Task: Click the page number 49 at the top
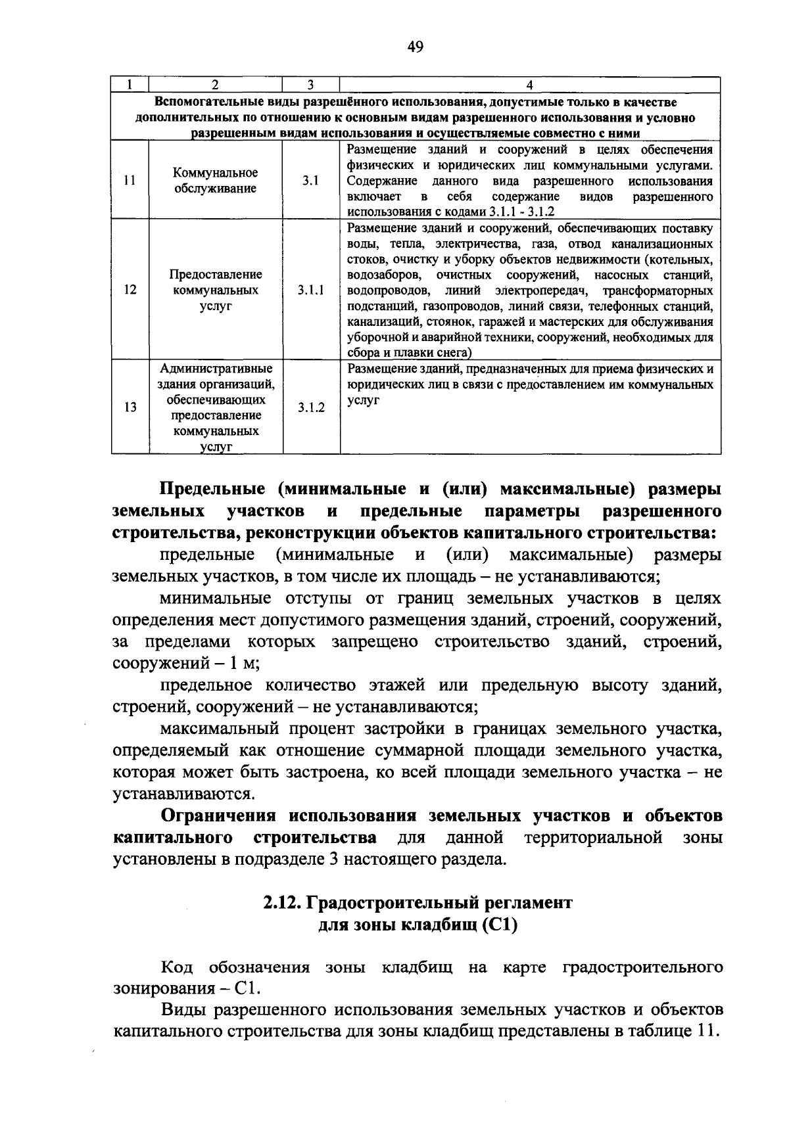point(416,47)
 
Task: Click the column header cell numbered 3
point(310,85)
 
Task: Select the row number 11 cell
point(130,181)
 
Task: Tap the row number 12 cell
point(130,290)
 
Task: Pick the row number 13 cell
point(130,407)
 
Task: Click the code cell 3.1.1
point(310,290)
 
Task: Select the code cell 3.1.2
point(310,407)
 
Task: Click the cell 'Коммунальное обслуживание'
point(216,181)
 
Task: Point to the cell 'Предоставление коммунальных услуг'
point(216,290)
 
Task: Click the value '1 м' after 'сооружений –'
point(244,663)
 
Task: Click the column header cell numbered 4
point(530,85)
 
